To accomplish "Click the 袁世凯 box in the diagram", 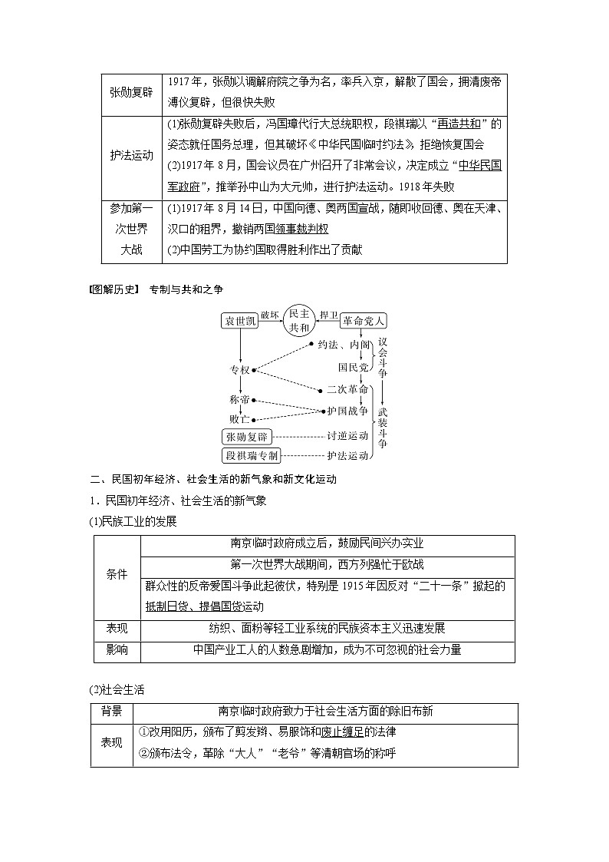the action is pos(239,321).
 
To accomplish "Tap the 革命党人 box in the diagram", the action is pos(363,321).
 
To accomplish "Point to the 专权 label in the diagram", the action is pos(240,370).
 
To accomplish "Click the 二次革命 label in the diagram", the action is pos(347,389).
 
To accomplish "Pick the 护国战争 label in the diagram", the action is pos(347,411).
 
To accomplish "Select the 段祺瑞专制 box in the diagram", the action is pos(252,456).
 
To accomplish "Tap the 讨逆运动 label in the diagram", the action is pos(347,436).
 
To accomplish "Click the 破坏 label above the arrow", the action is pos(271,315).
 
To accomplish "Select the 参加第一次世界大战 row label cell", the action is pos(131,229).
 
